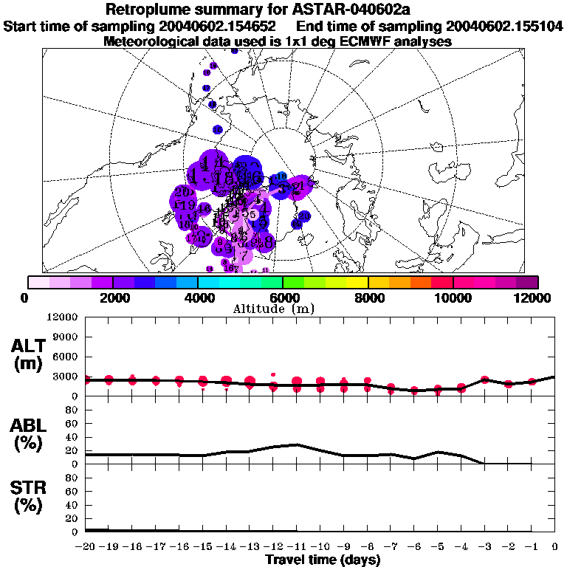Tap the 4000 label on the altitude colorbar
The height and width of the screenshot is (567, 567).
point(197,298)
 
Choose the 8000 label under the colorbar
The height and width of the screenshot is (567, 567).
point(368,298)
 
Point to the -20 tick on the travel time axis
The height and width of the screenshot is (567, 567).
point(86,547)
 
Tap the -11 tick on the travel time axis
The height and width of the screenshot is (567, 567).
point(297,547)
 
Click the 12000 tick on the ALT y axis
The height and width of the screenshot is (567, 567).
point(64,317)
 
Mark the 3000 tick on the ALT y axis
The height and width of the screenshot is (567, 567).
point(67,377)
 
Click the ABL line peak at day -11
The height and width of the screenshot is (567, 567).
point(297,444)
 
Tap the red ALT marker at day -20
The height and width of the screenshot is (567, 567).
point(86,379)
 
